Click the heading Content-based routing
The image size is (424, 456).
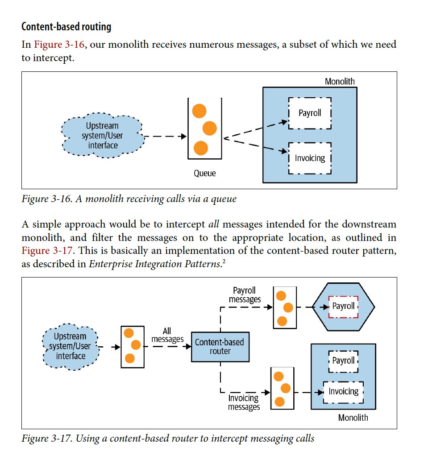click(66, 27)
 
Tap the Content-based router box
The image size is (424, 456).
click(220, 347)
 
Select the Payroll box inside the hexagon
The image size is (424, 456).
click(343, 306)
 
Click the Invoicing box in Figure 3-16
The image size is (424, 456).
click(310, 158)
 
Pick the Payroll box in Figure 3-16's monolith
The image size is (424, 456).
click(310, 113)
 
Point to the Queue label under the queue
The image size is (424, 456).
click(204, 173)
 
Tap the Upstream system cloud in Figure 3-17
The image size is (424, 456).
click(70, 346)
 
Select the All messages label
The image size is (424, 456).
click(167, 335)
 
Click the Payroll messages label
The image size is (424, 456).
click(245, 295)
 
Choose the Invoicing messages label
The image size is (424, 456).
click(244, 402)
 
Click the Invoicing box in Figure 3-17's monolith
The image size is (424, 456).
click(343, 391)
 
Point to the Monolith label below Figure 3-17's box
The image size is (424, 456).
click(353, 418)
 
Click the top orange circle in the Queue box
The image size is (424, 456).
click(199, 111)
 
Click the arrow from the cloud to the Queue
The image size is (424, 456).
click(165, 137)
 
